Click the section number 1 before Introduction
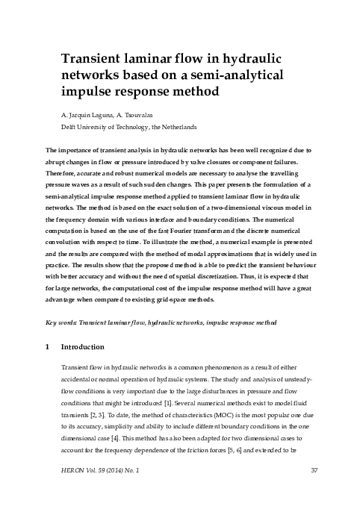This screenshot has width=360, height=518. (48, 347)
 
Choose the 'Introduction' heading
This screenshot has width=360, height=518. (86, 347)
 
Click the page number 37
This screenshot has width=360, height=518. (314, 491)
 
